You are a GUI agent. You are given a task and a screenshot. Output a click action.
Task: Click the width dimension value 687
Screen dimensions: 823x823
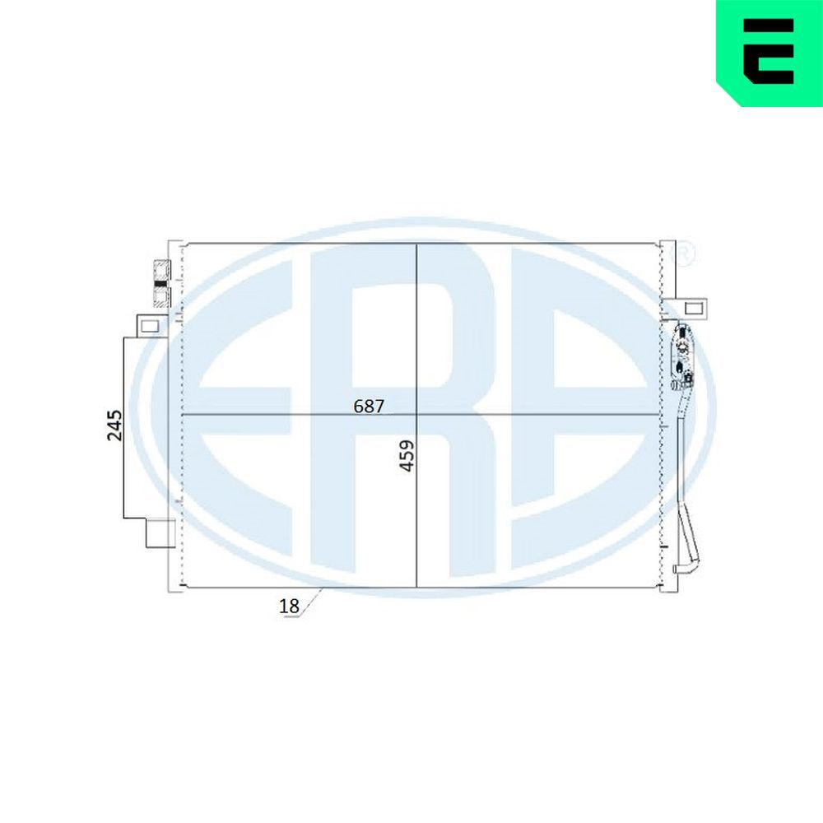pos(369,406)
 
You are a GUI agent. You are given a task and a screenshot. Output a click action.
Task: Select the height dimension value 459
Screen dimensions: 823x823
pos(407,456)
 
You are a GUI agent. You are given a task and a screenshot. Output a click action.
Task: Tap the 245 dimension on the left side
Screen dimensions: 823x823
pos(114,425)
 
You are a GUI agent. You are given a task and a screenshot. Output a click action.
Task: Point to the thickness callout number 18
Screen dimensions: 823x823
pos(289,607)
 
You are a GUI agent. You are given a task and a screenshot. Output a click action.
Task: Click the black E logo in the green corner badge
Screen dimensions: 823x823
pos(769,51)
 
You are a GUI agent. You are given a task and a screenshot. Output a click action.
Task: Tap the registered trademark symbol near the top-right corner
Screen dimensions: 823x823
pos(683,253)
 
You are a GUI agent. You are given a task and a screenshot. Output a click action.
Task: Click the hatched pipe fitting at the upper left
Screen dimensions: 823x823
pos(160,283)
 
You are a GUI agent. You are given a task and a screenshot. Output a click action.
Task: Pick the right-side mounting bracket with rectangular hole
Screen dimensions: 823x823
pos(692,308)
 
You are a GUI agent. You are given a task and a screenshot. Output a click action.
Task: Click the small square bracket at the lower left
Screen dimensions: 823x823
pos(160,533)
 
